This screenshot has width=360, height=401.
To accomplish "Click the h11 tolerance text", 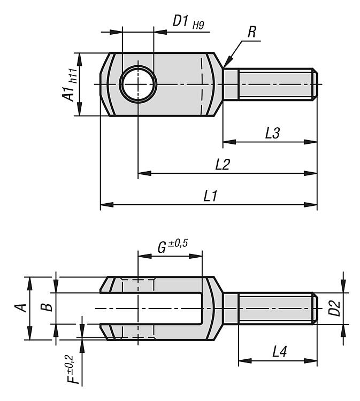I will click(x=73, y=75).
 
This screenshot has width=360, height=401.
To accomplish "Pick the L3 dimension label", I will click(x=273, y=134).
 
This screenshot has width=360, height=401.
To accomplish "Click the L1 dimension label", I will click(x=210, y=196).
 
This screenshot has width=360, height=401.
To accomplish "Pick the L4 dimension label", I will click(x=280, y=351).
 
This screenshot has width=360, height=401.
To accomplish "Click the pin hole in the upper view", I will click(x=137, y=84).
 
